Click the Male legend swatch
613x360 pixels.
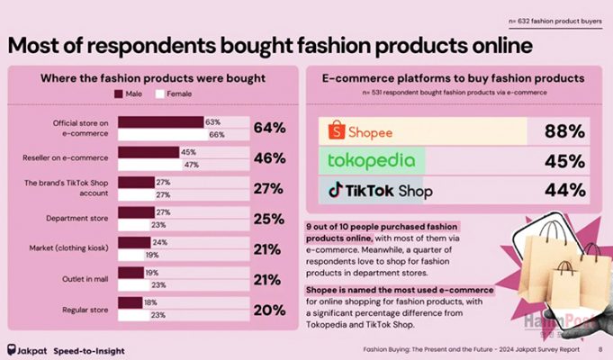118,93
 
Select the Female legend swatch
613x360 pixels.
159,93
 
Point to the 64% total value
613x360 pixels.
269,128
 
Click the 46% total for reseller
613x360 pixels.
269,158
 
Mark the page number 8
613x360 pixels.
599,350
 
